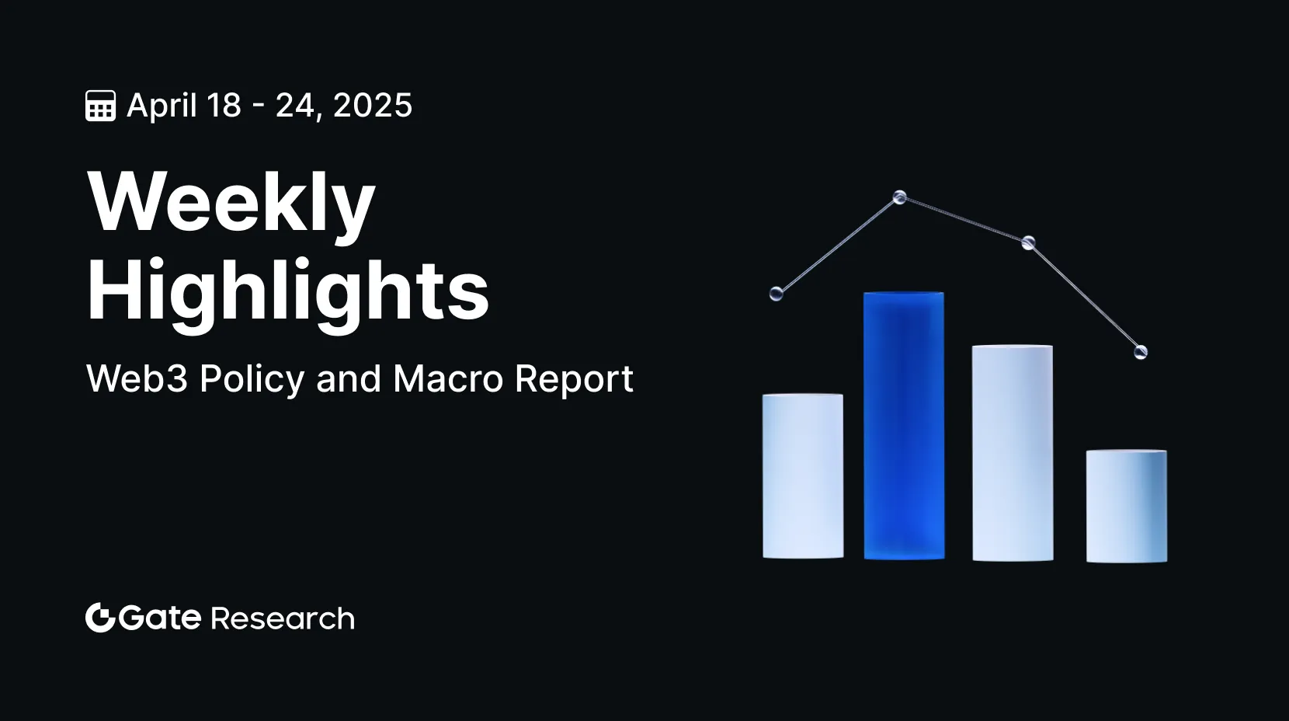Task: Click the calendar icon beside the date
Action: tap(101, 106)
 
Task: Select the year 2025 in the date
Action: tap(372, 106)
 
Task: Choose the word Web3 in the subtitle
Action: tap(137, 379)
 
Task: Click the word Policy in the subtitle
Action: tap(252, 380)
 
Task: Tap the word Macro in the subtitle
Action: tap(448, 379)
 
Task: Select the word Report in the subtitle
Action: tap(574, 380)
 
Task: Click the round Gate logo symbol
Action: tap(100, 618)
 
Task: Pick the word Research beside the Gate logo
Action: tap(283, 618)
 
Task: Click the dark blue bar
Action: tap(904, 426)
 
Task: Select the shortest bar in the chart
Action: tap(1127, 506)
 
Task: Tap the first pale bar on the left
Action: tap(803, 475)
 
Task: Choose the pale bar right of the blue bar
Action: tap(1013, 453)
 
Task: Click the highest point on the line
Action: tap(899, 197)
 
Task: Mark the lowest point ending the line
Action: tap(1141, 352)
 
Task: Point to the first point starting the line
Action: tap(777, 294)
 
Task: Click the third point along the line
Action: tap(1028, 242)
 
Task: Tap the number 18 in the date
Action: tap(224, 106)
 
